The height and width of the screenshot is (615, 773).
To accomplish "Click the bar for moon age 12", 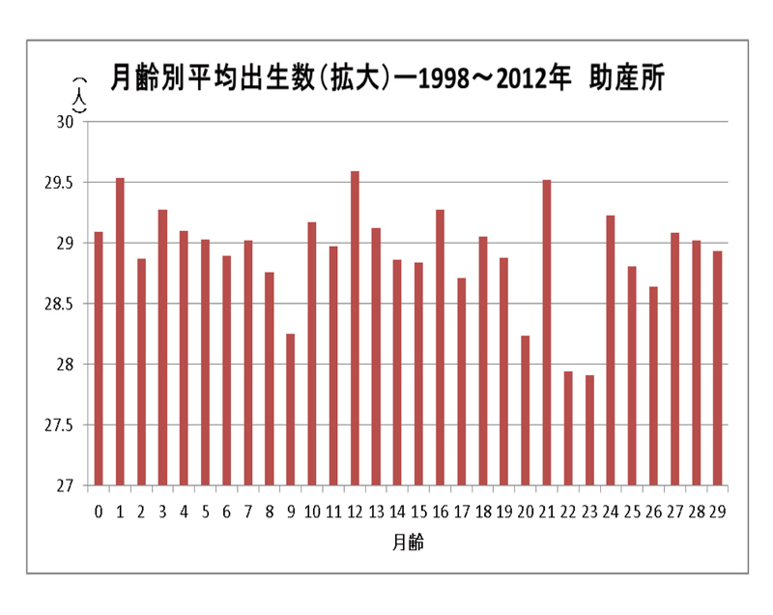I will coord(355,329).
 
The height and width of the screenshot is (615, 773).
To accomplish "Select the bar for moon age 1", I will coord(120,332).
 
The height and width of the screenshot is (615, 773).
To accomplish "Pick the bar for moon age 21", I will coord(547,333).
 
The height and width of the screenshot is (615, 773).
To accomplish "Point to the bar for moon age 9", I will coord(291,409).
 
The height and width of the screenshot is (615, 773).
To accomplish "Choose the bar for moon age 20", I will coord(526,410).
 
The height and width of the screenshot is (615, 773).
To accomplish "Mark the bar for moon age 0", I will coord(99,359).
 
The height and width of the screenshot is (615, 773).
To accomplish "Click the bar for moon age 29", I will coord(718,368).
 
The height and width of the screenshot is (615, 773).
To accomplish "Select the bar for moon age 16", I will coord(440,347).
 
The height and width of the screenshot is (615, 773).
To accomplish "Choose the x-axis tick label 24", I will coord(611,510).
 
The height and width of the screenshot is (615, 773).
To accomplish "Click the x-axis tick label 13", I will coord(376,510).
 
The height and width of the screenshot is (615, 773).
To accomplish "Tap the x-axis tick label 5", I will coord(205,510).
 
